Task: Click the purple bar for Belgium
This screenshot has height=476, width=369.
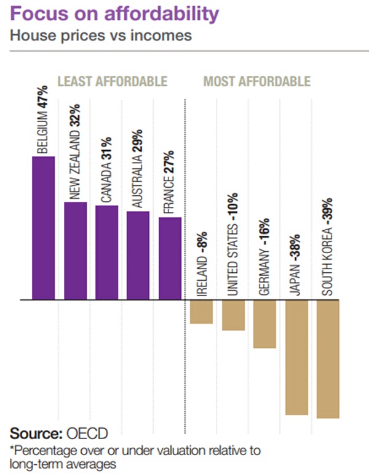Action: click(43, 228)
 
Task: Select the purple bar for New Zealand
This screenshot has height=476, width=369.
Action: click(75, 251)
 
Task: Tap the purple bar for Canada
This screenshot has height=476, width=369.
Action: click(106, 252)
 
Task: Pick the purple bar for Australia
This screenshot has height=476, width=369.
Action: click(138, 256)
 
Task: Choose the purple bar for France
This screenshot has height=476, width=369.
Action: click(170, 259)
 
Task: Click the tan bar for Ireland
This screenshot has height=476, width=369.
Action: click(201, 312)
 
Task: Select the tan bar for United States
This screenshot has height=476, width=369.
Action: click(233, 315)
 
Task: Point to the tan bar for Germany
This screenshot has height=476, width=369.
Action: click(264, 324)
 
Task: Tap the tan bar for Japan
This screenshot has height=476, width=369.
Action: click(296, 357)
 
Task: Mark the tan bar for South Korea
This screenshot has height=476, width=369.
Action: click(328, 359)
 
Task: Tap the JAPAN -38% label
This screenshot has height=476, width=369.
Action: click(296, 264)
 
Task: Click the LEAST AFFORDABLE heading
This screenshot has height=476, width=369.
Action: click(112, 81)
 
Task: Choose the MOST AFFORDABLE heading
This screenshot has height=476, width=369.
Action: click(257, 81)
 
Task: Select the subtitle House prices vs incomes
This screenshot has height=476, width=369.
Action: click(100, 35)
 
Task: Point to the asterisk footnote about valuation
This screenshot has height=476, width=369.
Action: click(132, 456)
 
